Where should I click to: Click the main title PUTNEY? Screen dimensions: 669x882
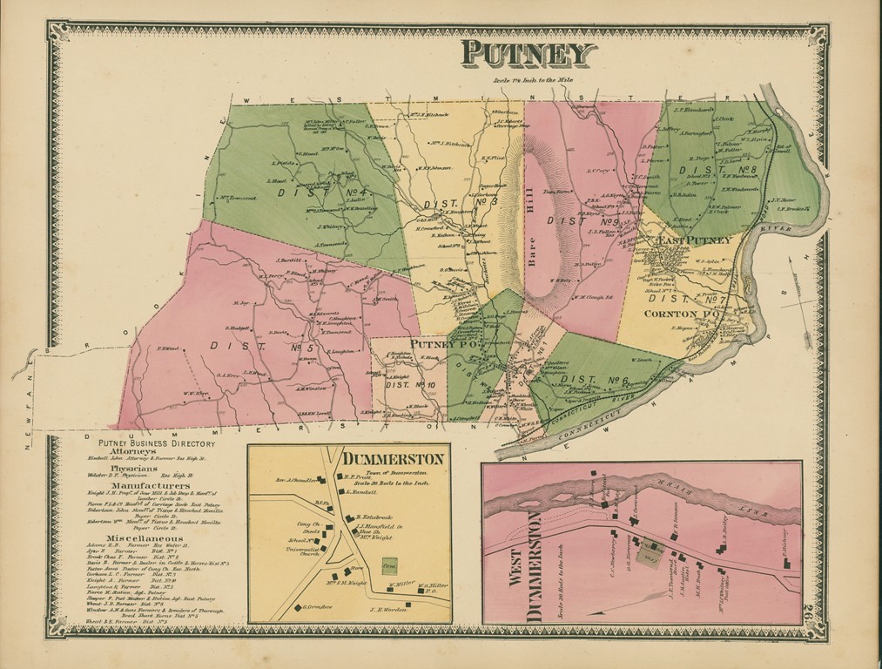(528, 54)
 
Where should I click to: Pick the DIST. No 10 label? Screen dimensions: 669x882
(411, 384)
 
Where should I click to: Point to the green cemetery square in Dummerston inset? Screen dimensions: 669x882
(388, 564)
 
